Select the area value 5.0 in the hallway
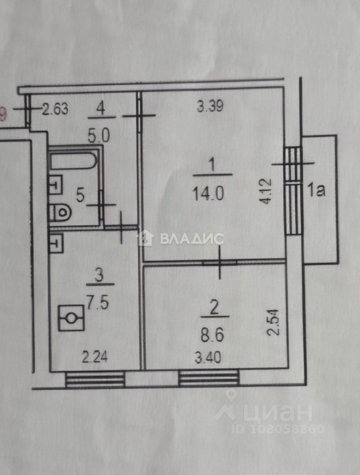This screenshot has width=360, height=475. pyautogui.click(x=100, y=134)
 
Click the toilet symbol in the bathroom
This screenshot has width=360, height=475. pyautogui.click(x=60, y=213)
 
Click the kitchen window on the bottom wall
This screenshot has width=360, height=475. pyautogui.click(x=95, y=380)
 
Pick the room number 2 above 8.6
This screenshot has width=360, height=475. pyautogui.click(x=214, y=307)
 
